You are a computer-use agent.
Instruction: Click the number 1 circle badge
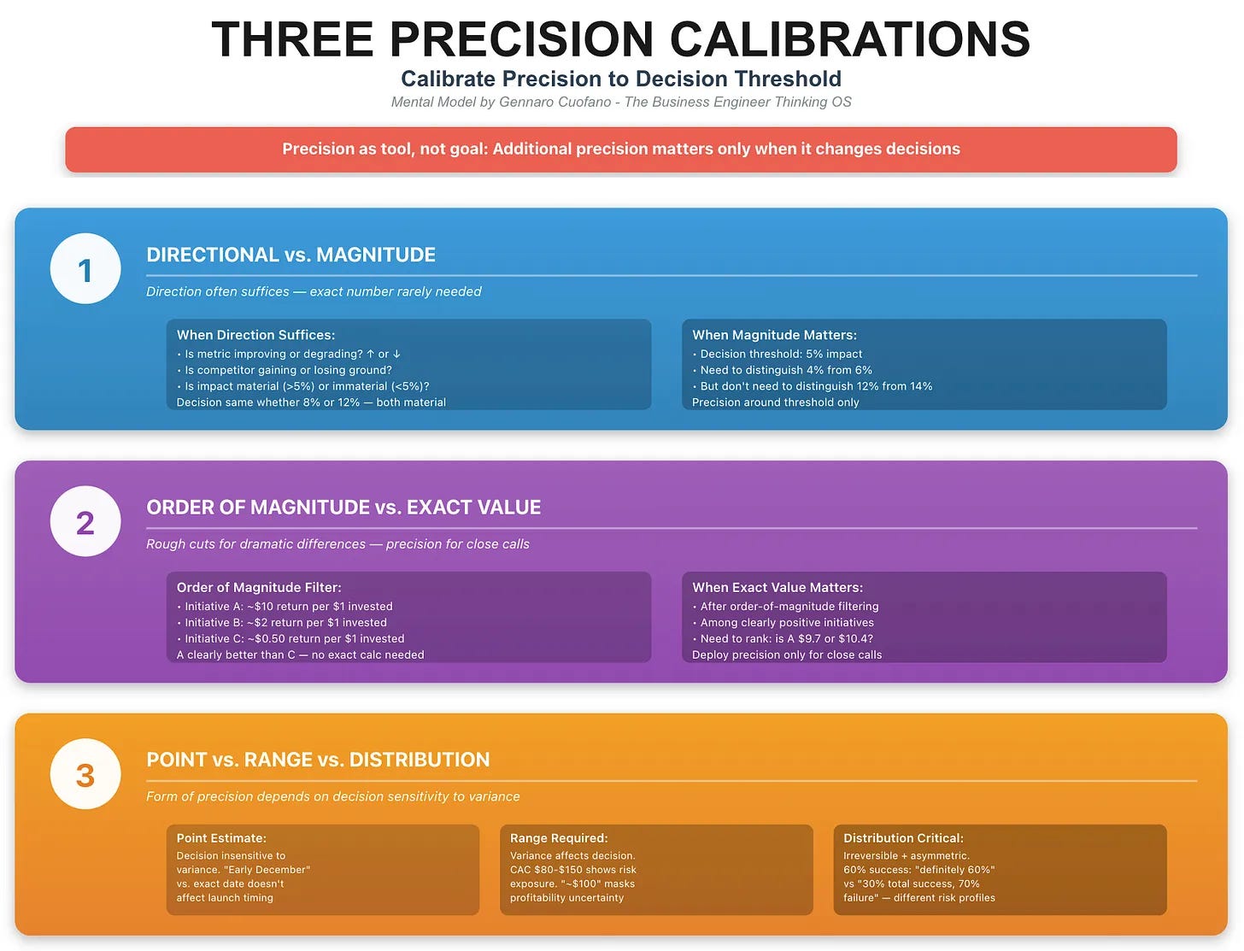click(x=85, y=269)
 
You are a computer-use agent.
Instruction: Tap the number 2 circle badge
click(x=85, y=522)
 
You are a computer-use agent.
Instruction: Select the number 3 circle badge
click(x=85, y=774)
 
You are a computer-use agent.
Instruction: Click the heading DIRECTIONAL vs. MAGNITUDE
click(x=290, y=255)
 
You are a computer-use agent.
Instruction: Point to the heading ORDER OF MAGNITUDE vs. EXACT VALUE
click(x=343, y=508)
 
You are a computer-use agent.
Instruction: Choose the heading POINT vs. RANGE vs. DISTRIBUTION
click(x=318, y=760)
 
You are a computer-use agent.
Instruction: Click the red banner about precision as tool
click(x=621, y=150)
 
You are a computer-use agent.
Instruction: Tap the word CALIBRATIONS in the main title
click(x=849, y=39)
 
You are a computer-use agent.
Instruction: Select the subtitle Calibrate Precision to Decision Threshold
click(x=621, y=79)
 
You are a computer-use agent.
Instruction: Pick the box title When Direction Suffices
click(x=255, y=335)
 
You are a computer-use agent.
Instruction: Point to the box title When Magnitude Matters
click(x=774, y=335)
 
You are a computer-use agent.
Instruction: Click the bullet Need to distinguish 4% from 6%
click(x=785, y=370)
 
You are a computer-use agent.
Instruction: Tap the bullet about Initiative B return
click(x=285, y=623)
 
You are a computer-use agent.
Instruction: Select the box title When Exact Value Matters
click(x=777, y=588)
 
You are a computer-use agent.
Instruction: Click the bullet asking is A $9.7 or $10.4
click(x=786, y=639)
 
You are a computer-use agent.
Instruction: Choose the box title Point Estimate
click(x=221, y=838)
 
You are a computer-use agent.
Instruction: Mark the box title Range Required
click(x=559, y=838)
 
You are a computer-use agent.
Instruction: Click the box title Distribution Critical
click(x=903, y=838)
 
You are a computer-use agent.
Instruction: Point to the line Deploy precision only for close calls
click(x=787, y=655)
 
